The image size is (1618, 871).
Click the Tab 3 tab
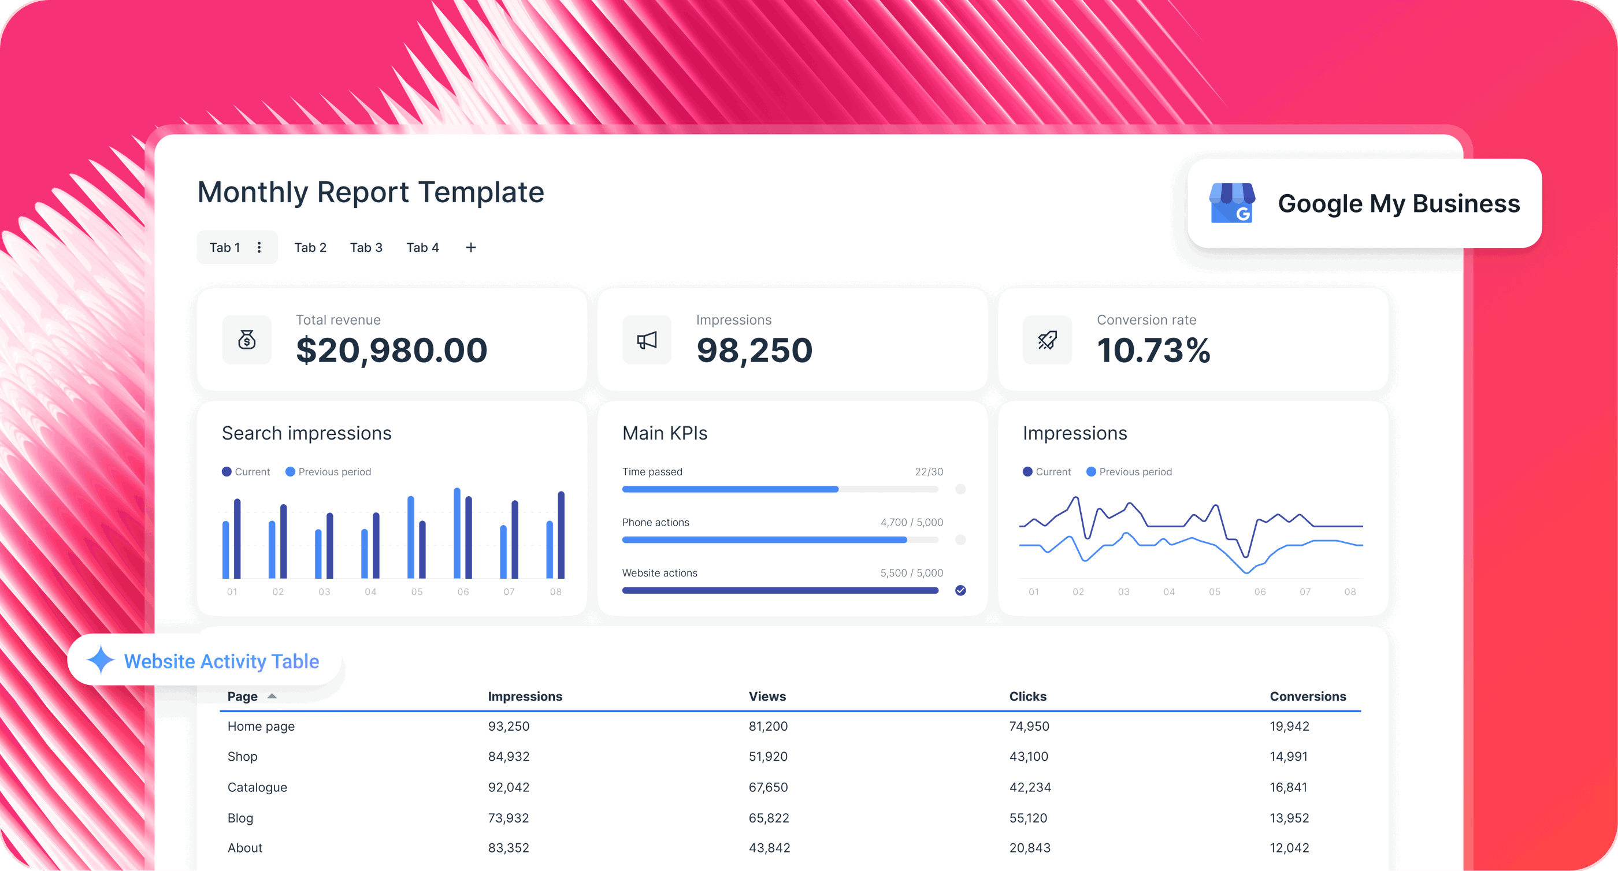pyautogui.click(x=366, y=247)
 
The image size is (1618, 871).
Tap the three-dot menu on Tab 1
pyautogui.click(x=259, y=247)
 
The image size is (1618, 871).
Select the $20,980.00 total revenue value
pyautogui.click(x=391, y=350)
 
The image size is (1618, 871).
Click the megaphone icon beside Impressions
pyautogui.click(x=646, y=340)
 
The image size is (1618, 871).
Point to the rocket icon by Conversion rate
pyautogui.click(x=1047, y=340)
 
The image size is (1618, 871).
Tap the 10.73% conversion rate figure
pyautogui.click(x=1153, y=350)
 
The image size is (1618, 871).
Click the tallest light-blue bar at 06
pyautogui.click(x=457, y=534)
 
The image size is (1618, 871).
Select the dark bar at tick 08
pyautogui.click(x=561, y=535)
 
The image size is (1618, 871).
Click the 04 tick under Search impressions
pyautogui.click(x=370, y=591)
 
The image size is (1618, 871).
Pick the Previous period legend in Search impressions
pyautogui.click(x=328, y=472)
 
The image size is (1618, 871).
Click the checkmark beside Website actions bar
pyautogui.click(x=960, y=590)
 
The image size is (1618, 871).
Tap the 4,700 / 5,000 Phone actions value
pyautogui.click(x=911, y=523)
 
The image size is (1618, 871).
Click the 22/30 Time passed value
pyautogui.click(x=929, y=472)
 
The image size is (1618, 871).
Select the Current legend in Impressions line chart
pyautogui.click(x=1046, y=472)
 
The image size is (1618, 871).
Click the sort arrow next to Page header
pyautogui.click(x=272, y=697)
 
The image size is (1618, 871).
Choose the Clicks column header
pyautogui.click(x=1027, y=697)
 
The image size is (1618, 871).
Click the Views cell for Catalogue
pyautogui.click(x=767, y=787)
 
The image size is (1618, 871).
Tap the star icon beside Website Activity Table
pyautogui.click(x=101, y=660)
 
